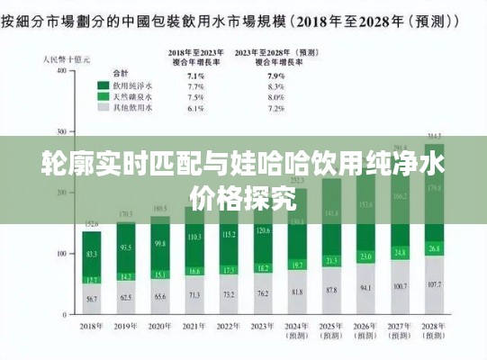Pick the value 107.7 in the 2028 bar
pos(434,283)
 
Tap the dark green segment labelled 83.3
pos(92,255)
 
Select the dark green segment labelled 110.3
pos(194,237)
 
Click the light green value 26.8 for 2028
pos(434,247)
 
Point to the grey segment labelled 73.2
pos(229,294)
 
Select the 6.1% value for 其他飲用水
pos(194,107)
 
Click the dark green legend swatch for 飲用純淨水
pos(104,86)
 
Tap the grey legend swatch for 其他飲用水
pos(104,107)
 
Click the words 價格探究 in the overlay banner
pos(243,199)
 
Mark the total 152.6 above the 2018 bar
pos(92,225)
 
